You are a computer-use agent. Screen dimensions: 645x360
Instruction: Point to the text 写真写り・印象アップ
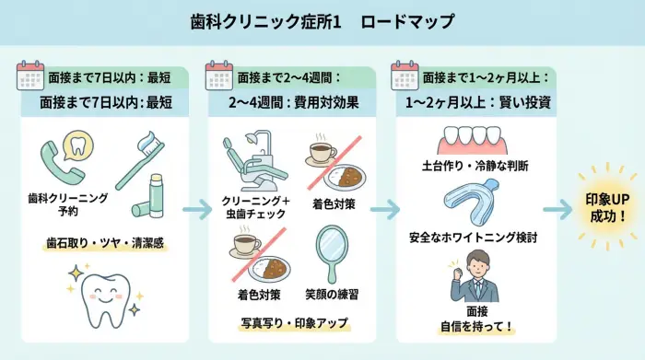[x=290, y=324]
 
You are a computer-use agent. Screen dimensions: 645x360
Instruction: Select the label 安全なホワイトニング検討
[x=474, y=238]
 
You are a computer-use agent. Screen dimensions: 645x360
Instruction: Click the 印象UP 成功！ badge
[x=606, y=209]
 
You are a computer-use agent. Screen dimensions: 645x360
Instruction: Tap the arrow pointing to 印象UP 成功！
[x=556, y=210]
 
